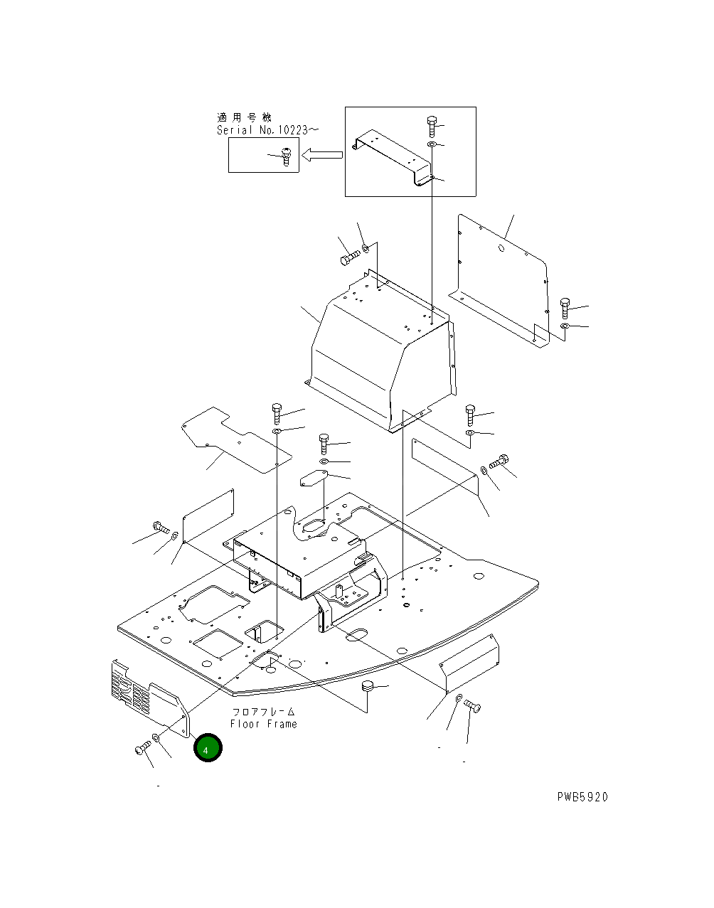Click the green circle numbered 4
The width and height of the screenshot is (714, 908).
coord(208,749)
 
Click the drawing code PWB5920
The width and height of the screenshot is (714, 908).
coord(582,797)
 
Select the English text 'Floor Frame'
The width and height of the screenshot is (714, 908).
coord(263,724)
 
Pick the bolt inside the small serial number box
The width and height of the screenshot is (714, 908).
coord(286,156)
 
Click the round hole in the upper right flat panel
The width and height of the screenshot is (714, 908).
coord(501,248)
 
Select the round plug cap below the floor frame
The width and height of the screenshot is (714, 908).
coord(367,686)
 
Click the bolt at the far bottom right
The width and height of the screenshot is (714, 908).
coord(472,706)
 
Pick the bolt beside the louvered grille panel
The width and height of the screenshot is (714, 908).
coord(142,749)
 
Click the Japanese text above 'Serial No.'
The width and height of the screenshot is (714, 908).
coord(244,117)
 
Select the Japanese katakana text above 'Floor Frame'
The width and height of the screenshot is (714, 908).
coord(263,712)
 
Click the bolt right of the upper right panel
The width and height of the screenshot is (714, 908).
coord(565,307)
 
